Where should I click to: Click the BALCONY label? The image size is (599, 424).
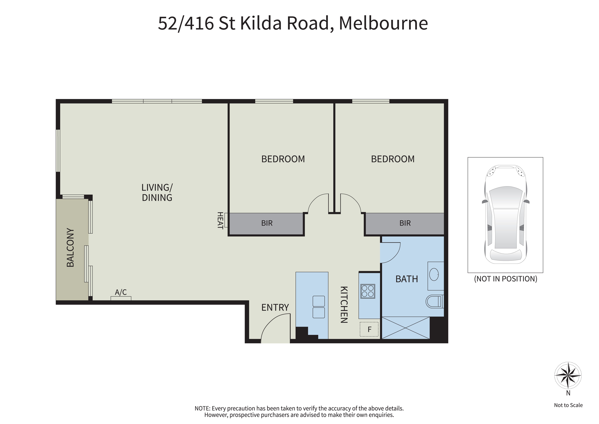pos(70,247)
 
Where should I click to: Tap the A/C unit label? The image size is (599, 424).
pos(121,292)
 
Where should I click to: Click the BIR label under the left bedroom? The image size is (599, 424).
pos(267,223)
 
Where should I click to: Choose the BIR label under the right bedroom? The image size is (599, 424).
pos(405,223)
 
